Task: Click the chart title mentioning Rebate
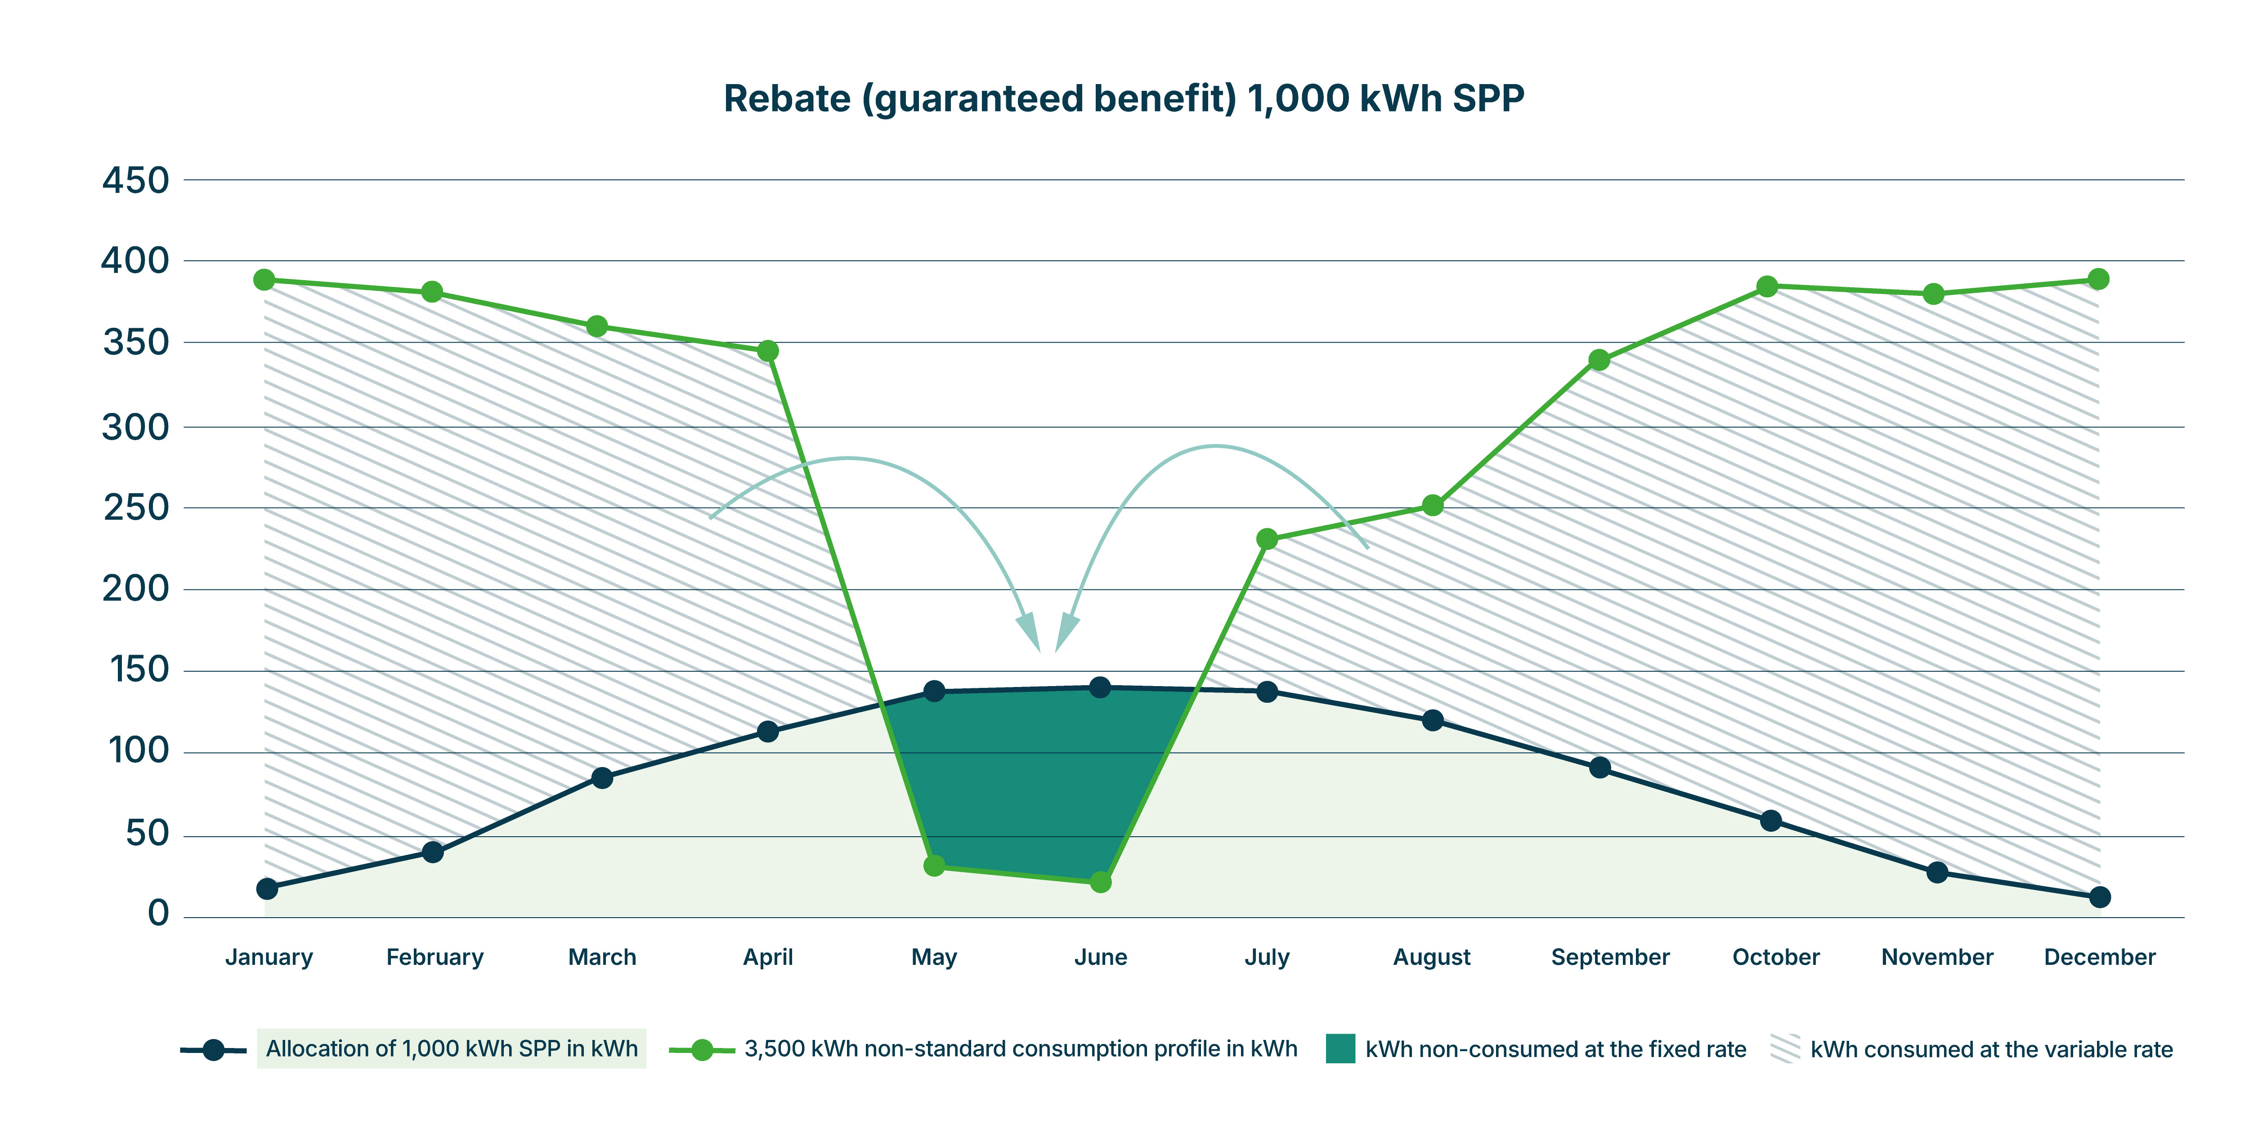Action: point(1124,98)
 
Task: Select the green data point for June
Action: point(1101,882)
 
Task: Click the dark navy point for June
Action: point(1100,688)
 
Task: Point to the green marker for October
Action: point(1767,286)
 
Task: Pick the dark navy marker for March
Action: point(601,777)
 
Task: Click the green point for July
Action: point(1267,540)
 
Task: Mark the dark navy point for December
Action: point(2100,897)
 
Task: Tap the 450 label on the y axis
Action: point(135,181)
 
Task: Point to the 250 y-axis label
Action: point(135,508)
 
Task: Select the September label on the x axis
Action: point(1610,957)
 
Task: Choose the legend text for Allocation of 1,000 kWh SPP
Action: point(451,1049)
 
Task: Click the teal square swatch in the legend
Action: point(1340,1049)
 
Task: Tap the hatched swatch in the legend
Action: point(1785,1049)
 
